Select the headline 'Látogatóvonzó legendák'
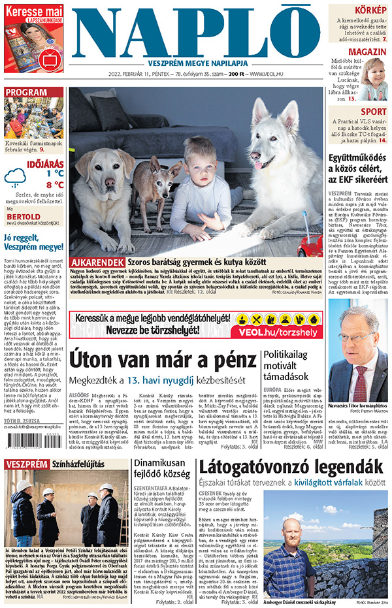point(291,485)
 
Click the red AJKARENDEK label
point(97,261)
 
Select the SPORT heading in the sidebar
point(374,112)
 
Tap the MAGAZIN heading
point(367,52)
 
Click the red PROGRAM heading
point(26,91)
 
